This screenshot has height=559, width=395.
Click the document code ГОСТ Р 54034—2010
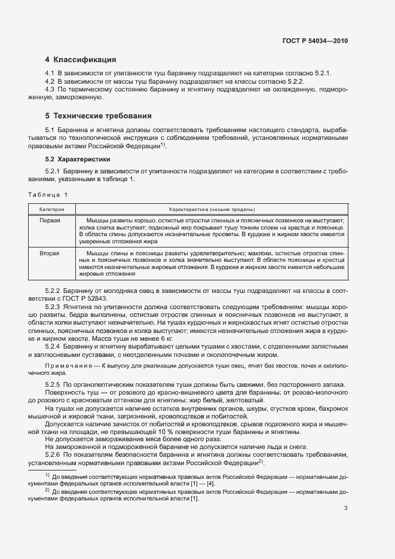[x=315, y=41]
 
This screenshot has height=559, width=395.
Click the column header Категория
[x=53, y=210]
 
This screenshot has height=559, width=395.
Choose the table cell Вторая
[x=50, y=253]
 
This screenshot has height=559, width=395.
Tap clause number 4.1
[x=50, y=73]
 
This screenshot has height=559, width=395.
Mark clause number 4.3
[x=50, y=89]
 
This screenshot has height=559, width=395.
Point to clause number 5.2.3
[x=54, y=306]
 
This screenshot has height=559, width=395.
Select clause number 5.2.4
[x=54, y=346]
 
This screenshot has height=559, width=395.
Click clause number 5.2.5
[x=54, y=384]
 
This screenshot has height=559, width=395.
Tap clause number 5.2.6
[x=54, y=455]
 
